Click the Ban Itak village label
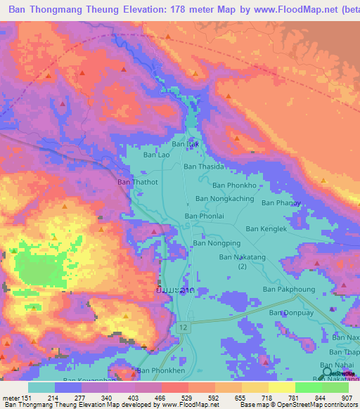coord(186,143)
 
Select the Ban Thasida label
coord(204,167)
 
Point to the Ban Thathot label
coord(134,181)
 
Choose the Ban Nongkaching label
coord(224,199)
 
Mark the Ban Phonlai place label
coord(204,216)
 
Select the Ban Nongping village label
coord(217,243)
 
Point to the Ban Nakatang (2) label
coord(242,261)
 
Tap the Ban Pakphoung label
coord(286,289)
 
